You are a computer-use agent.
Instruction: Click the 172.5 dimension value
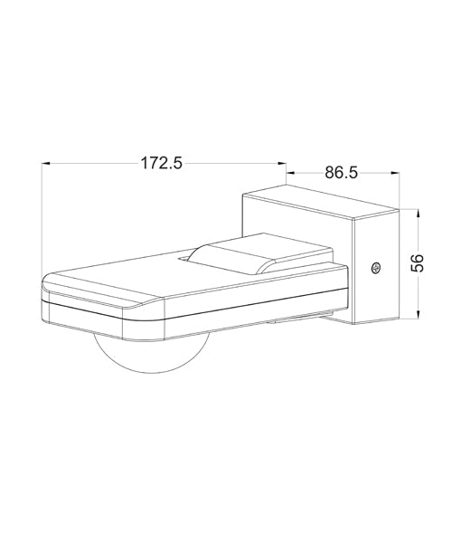coord(162,163)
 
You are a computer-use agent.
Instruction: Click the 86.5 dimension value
coord(340,172)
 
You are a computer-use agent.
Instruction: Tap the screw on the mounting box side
coord(376,267)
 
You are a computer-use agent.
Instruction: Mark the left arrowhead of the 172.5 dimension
coord(46,164)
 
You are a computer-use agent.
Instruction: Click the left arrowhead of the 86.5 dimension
coord(290,173)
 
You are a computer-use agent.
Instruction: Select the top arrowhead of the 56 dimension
coord(417,214)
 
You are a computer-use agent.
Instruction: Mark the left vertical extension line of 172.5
coord(42,217)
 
